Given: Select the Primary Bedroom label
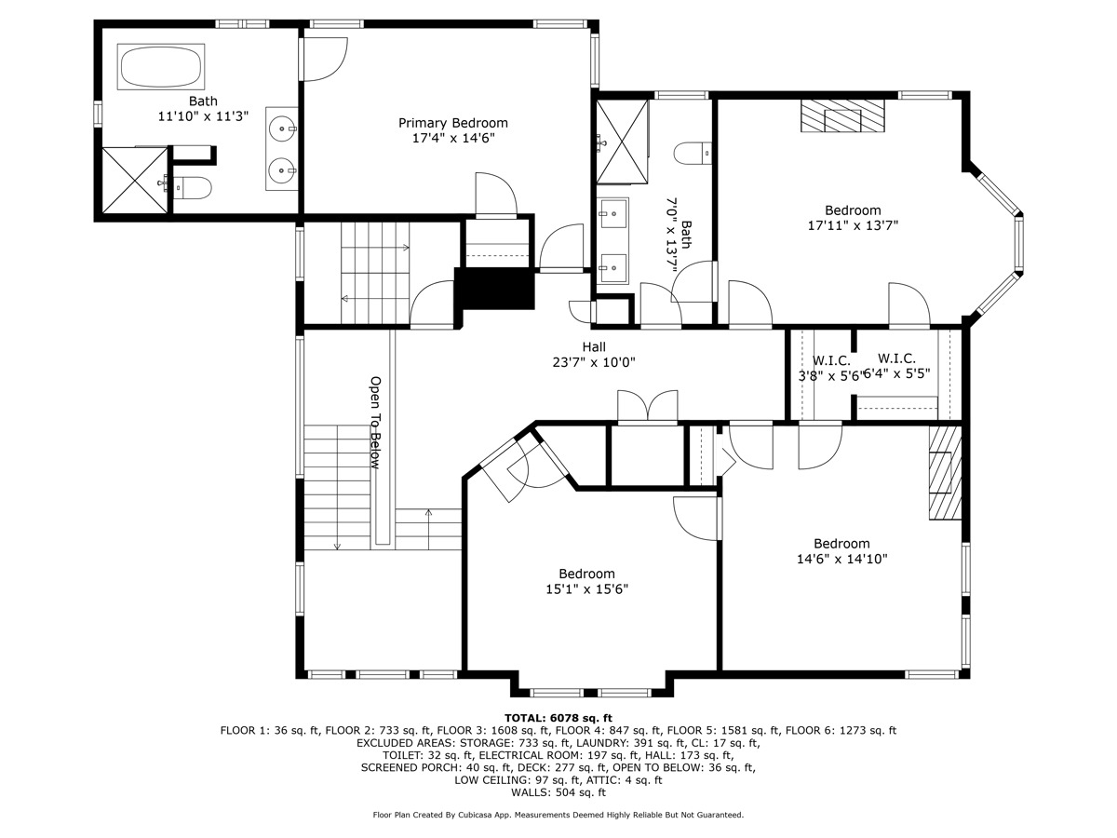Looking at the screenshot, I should tap(453, 123).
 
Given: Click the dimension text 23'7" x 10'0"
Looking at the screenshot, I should tap(594, 363).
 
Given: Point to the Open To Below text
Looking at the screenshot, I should tap(376, 421).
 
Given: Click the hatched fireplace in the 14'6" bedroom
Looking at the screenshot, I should tap(944, 472).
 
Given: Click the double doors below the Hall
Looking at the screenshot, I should tap(649, 409).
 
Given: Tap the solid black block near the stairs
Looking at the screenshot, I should tap(494, 289).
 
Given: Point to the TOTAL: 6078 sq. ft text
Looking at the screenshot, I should tap(558, 718).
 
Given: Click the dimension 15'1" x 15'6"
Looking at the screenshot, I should tap(586, 589).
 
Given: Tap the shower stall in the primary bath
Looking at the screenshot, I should tap(134, 181).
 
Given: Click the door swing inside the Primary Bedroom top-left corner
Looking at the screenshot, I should tap(324, 59).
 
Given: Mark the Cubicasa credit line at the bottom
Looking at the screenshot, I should tap(558, 815).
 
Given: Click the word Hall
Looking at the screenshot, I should tap(594, 347).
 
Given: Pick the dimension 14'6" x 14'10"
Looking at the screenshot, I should tap(841, 560).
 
